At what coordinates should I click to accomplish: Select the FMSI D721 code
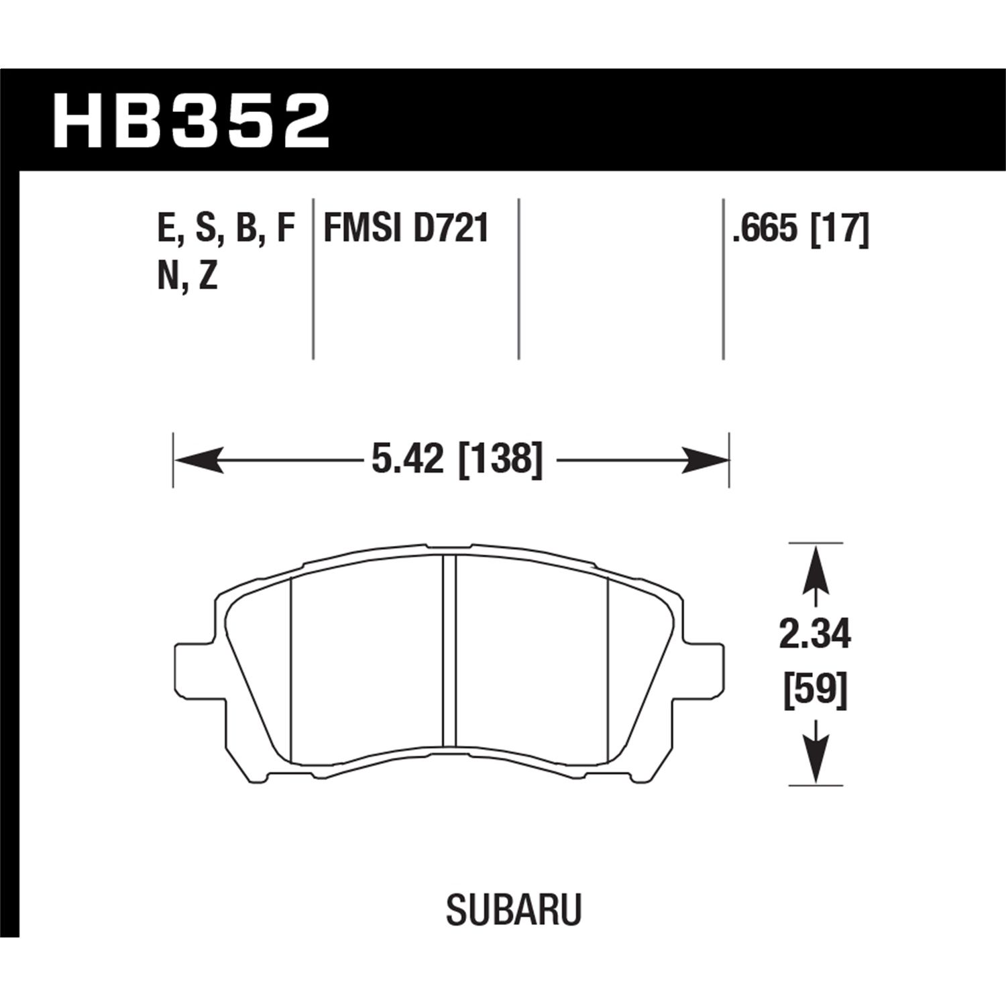pyautogui.click(x=406, y=229)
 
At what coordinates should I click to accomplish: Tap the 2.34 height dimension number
pyautogui.click(x=815, y=634)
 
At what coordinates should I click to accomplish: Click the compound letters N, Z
pyautogui.click(x=188, y=276)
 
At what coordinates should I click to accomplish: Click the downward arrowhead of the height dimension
pyautogui.click(x=815, y=759)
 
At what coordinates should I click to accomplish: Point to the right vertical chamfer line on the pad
pyautogui.click(x=607, y=671)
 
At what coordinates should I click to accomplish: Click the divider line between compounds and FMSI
pyautogui.click(x=314, y=278)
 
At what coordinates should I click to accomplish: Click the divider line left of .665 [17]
pyautogui.click(x=723, y=278)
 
